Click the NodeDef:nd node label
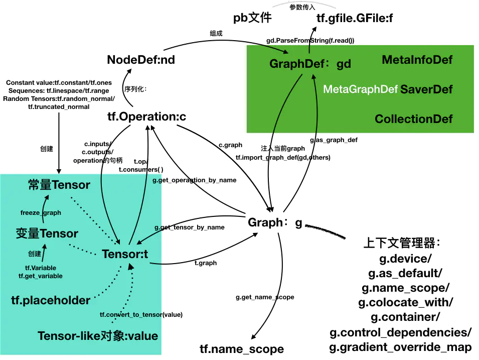(x=141, y=60)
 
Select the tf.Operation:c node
(x=147, y=116)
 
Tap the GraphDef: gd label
(x=310, y=64)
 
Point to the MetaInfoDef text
(x=417, y=60)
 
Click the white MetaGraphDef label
(x=360, y=89)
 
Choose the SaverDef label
(x=426, y=89)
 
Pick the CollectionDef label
(x=413, y=119)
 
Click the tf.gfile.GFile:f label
(x=355, y=19)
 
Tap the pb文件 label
(x=252, y=18)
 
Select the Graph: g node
(x=275, y=222)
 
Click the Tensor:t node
(x=125, y=254)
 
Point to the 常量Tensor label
(x=59, y=185)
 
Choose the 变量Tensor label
(x=47, y=233)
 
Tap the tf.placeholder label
(x=51, y=300)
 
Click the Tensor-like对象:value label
(x=98, y=336)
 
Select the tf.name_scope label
(x=242, y=349)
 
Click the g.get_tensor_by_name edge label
(x=189, y=227)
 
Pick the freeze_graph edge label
(x=41, y=213)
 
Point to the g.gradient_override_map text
(x=400, y=347)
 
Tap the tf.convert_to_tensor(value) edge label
(x=141, y=315)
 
